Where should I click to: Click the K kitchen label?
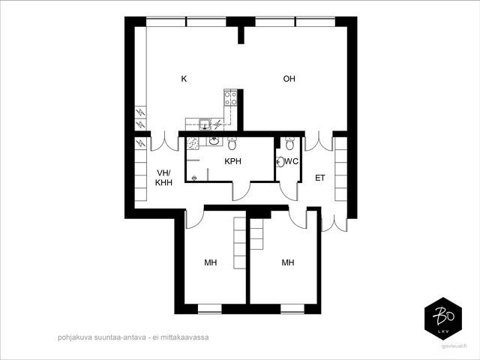[x=184, y=79]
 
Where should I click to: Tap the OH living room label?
[x=289, y=79]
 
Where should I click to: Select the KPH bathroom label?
[x=233, y=161]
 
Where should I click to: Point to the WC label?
[x=292, y=161]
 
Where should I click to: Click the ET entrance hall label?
[x=320, y=178]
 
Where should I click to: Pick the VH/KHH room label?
[x=163, y=178]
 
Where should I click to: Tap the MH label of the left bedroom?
[x=211, y=262]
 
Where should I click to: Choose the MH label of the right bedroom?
[x=288, y=262]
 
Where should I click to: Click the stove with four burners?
[x=230, y=98]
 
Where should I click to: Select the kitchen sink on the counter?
[x=205, y=124]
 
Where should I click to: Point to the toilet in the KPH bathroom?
[x=232, y=143]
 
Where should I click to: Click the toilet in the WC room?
[x=289, y=143]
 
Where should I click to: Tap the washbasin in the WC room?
[x=280, y=162]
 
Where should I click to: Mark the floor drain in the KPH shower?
[x=193, y=178]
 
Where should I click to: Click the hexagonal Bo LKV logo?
[x=443, y=318]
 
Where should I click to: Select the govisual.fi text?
[x=454, y=346]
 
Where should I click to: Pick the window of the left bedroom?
[x=210, y=309]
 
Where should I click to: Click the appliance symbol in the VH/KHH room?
[x=140, y=143]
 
